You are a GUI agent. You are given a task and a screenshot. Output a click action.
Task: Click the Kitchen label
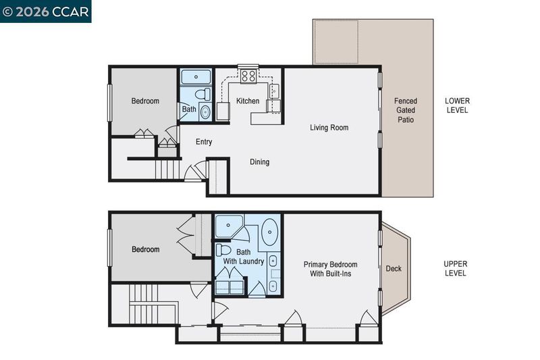coord(248,101)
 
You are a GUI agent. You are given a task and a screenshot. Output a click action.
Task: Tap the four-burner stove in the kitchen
coord(248,76)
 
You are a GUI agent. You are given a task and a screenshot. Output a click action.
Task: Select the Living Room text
coord(329,128)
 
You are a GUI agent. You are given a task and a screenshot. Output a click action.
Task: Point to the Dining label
coord(259,162)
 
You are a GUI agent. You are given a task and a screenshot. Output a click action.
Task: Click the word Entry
coord(204,142)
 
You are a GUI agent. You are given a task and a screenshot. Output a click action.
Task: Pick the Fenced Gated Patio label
coord(406,110)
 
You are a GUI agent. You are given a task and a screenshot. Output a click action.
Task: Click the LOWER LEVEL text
coord(457,105)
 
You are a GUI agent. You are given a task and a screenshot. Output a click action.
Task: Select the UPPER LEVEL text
coord(455,268)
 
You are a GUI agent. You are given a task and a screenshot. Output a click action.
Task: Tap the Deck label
coord(394,268)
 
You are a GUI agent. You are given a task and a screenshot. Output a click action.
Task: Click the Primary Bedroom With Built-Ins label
coord(330,269)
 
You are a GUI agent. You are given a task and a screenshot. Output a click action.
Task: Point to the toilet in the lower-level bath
coord(202,94)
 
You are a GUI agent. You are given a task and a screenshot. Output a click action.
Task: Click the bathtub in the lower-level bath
coord(196,77)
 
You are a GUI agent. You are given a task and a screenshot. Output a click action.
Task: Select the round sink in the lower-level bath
coord(205,112)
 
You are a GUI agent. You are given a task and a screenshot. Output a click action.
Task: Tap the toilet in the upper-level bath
coord(223,249)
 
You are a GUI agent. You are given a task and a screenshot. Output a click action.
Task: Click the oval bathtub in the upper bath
coord(269,232)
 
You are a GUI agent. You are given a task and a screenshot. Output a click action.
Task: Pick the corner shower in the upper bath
coord(228,226)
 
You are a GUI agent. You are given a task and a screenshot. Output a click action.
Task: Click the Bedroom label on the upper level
coord(145,249)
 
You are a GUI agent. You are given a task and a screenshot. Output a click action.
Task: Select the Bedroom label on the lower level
coord(145,101)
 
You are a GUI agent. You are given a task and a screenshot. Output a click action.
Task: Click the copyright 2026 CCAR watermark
coord(45,11)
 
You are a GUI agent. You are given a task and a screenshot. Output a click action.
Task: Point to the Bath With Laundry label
coord(243,257)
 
